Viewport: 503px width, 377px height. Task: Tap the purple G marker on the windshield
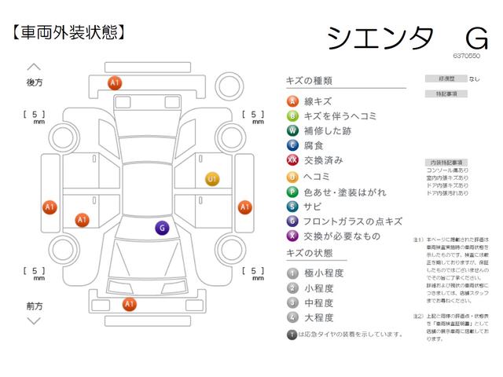click(x=162, y=229)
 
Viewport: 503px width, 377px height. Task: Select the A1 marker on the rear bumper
click(x=115, y=82)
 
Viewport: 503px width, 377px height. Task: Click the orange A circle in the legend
click(x=292, y=101)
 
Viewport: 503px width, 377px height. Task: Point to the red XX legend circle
click(x=292, y=160)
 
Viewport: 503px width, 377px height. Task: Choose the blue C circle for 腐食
click(x=292, y=145)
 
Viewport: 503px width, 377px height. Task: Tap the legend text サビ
click(x=313, y=206)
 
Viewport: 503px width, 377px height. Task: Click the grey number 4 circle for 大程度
click(x=292, y=318)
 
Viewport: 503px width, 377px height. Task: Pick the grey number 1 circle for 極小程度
click(x=292, y=273)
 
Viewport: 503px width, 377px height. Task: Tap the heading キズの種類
click(x=310, y=81)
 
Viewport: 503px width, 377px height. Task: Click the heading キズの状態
click(x=310, y=254)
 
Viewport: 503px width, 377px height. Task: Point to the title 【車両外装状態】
click(x=68, y=32)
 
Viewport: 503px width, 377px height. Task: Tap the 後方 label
click(x=34, y=82)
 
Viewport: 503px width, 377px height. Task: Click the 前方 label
click(x=34, y=305)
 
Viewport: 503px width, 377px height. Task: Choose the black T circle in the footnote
click(x=292, y=335)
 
